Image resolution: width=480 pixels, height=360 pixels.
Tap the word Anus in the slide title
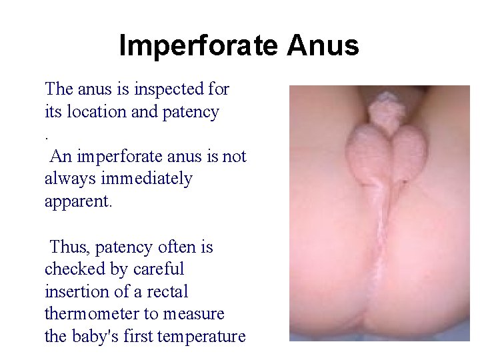323,46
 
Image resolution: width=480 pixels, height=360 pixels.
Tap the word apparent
79,201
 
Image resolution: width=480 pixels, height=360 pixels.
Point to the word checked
71,269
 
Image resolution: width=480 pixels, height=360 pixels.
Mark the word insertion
74,292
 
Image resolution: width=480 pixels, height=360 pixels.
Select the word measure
193,314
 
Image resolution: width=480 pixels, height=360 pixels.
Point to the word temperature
201,337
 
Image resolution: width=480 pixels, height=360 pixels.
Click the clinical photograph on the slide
379,213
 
